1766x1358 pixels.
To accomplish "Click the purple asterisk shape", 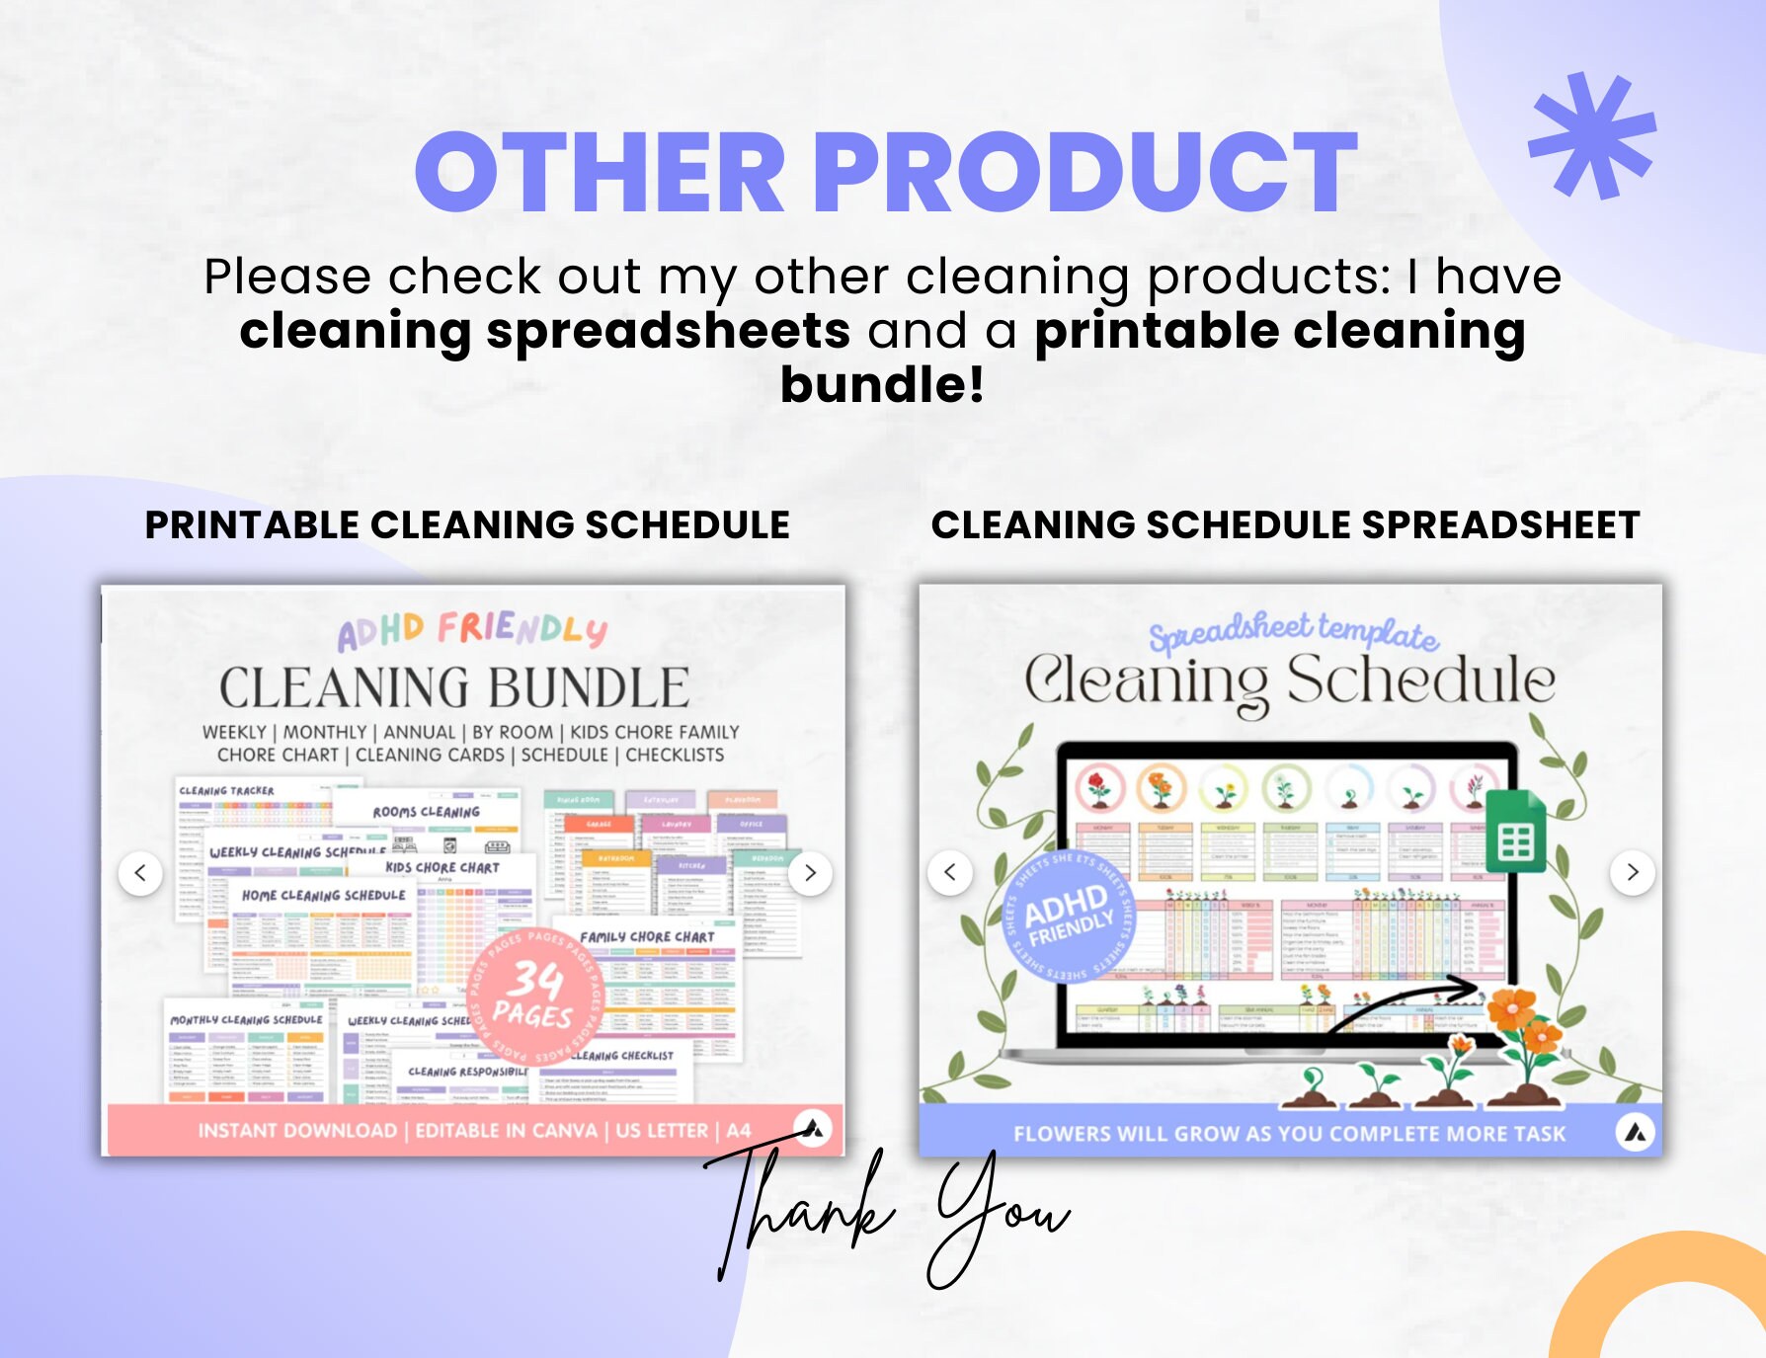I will point(1592,135).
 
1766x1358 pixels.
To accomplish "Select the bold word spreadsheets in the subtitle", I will point(668,331).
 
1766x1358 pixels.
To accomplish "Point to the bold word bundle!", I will point(882,385).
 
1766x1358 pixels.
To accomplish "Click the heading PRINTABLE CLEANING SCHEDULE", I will point(467,525).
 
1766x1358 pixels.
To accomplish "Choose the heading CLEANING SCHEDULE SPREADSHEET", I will point(1285,525).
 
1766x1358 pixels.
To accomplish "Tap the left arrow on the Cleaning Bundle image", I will point(140,873).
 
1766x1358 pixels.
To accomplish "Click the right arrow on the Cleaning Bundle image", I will point(810,873).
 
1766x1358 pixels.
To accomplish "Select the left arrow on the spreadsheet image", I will point(950,873).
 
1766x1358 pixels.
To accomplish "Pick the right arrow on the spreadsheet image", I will point(1633,873).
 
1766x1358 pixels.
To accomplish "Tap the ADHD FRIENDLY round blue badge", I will point(1069,915).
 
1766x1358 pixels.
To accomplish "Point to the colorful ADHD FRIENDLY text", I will point(472,630).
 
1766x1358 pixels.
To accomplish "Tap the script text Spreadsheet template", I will point(1293,632).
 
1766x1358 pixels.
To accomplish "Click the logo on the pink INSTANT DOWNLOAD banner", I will point(813,1129).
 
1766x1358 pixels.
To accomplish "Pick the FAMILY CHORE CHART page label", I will point(647,936).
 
